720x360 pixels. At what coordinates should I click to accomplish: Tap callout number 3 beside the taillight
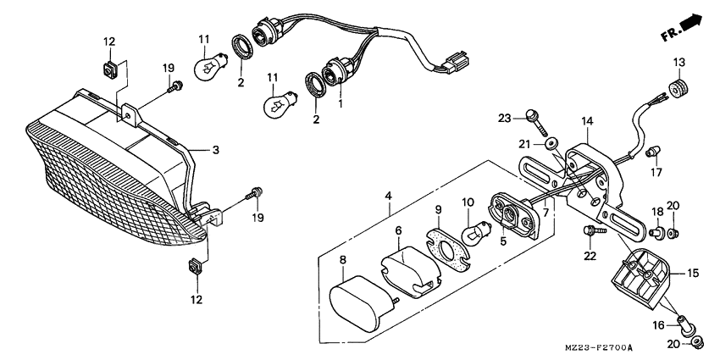coord(216,150)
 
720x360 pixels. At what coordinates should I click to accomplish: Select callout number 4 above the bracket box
coord(388,197)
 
